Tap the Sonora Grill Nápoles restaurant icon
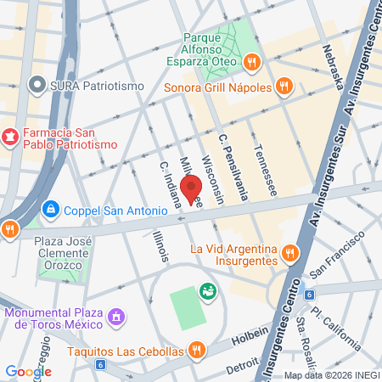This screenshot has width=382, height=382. [284, 87]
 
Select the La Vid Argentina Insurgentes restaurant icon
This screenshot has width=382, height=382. [290, 252]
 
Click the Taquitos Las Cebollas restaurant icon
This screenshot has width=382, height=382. [197, 350]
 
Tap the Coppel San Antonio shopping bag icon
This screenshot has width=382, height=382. [51, 207]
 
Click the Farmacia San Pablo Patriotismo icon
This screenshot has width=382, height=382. [9, 136]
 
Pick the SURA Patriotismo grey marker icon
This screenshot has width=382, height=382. [36, 85]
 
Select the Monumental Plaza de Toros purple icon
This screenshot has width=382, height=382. [117, 318]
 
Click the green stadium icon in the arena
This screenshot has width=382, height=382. [206, 291]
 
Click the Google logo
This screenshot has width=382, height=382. [28, 371]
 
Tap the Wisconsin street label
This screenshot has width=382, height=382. [212, 179]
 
